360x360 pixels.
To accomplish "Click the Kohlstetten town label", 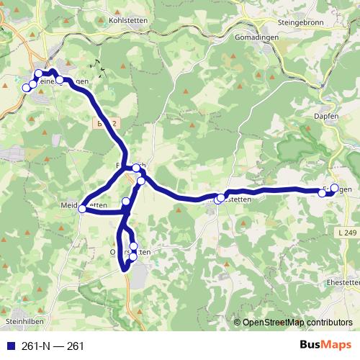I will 128,20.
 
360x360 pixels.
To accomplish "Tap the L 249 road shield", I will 346,233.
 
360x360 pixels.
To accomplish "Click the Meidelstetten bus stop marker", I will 83,209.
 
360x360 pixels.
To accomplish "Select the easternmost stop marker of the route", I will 334,189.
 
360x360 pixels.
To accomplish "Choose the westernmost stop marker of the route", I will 27,88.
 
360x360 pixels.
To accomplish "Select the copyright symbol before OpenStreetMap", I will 238,322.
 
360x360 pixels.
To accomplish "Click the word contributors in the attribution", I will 328,322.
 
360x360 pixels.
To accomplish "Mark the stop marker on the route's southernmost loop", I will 132,256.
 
